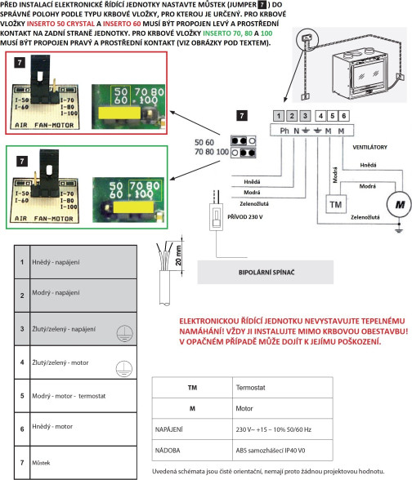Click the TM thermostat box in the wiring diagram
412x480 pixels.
click(336, 204)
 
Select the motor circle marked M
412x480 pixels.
click(399, 204)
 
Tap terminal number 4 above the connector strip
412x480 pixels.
click(320, 116)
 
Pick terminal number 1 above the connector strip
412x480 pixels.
click(278, 116)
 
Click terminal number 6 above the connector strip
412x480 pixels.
click(343, 116)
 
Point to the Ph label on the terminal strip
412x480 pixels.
click(284, 131)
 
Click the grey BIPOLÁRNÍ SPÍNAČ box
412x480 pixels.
click(266, 272)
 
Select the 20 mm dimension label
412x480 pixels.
click(178, 256)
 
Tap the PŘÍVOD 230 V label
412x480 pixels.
click(245, 217)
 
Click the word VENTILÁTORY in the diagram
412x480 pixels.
click(369, 147)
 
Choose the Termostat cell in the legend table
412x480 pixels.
click(250, 388)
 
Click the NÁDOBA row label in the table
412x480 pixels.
click(168, 451)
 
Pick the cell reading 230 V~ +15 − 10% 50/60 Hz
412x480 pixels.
click(273, 429)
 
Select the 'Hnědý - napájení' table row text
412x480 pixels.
click(56, 262)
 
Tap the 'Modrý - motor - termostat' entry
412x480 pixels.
click(69, 396)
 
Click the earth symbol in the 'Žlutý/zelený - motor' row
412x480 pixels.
click(124, 369)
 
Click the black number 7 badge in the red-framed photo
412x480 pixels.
click(20, 63)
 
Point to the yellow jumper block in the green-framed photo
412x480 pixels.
click(133, 207)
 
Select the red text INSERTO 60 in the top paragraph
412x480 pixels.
click(122, 24)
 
